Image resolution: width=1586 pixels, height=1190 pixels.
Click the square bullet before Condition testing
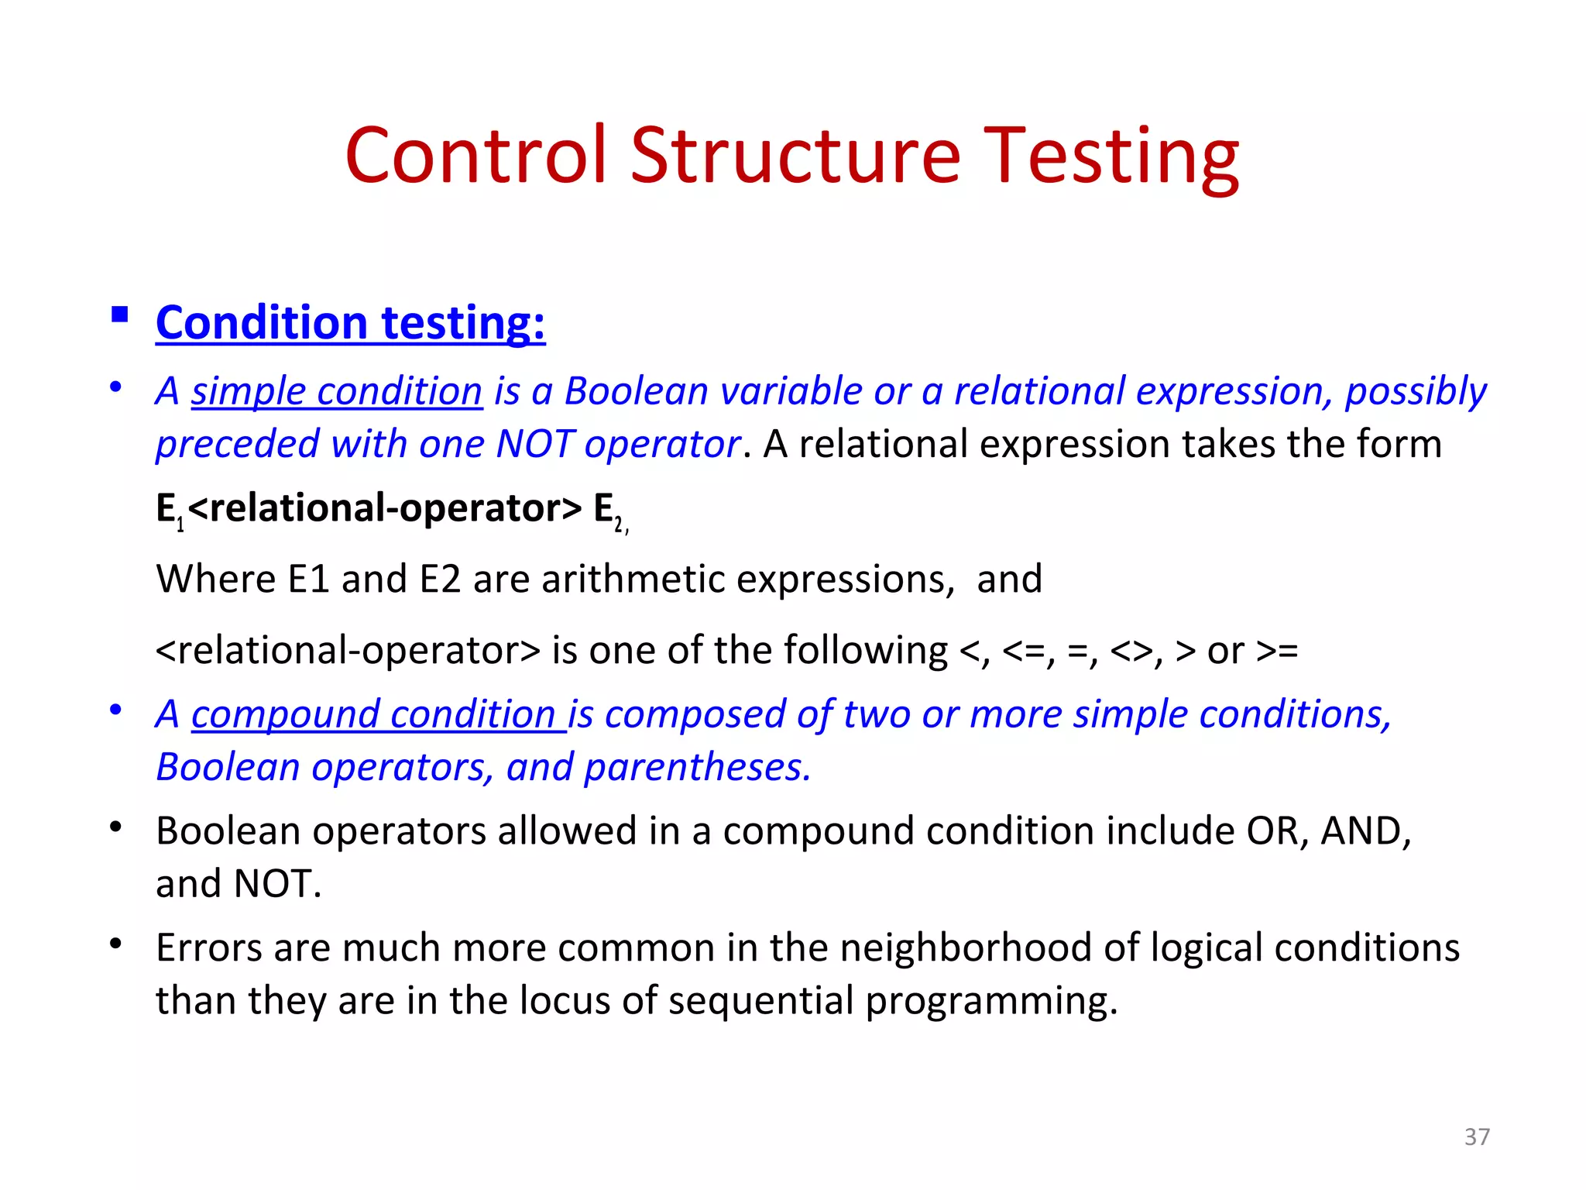pyautogui.click(x=119, y=315)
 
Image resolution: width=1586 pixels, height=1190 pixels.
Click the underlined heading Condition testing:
pyautogui.click(x=350, y=322)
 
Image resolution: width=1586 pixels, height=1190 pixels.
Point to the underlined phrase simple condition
pyautogui.click(x=337, y=390)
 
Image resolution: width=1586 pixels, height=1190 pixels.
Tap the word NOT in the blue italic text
pyautogui.click(x=534, y=444)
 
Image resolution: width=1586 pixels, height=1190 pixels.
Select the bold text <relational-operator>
pyautogui.click(x=384, y=508)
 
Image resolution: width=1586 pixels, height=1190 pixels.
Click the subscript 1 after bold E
pyautogui.click(x=180, y=526)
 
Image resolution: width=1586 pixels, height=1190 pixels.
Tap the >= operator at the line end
pyautogui.click(x=1276, y=650)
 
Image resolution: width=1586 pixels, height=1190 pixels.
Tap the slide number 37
pyautogui.click(x=1477, y=1137)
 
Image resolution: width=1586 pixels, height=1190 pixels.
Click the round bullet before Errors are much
pyautogui.click(x=116, y=944)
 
